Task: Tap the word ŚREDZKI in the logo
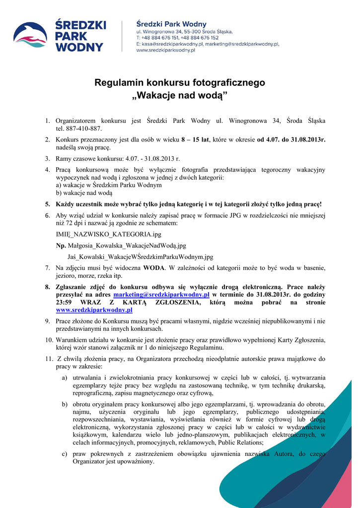pyautogui.click(x=79, y=25)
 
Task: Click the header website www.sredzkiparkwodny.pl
pyautogui.click(x=165, y=50)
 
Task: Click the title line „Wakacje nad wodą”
pyautogui.click(x=180, y=95)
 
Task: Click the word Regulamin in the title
pyautogui.click(x=118, y=82)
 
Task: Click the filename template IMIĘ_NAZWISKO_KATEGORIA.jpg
pyautogui.click(x=108, y=234)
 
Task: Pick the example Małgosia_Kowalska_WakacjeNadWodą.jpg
pyautogui.click(x=126, y=245)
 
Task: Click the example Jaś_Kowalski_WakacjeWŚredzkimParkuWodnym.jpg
pyautogui.click(x=140, y=257)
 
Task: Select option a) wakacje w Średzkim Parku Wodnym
pyautogui.click(x=109, y=185)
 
